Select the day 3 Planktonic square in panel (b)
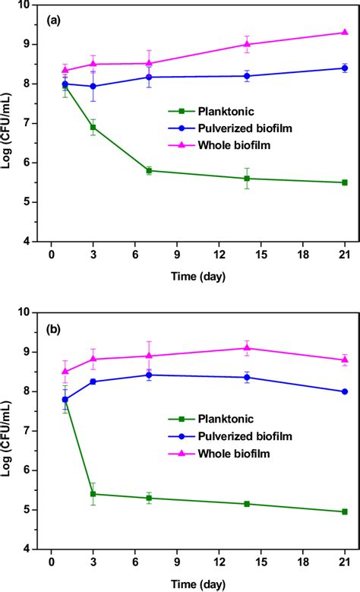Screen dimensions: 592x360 (93, 493)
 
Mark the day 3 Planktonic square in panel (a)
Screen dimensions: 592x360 (93, 127)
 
